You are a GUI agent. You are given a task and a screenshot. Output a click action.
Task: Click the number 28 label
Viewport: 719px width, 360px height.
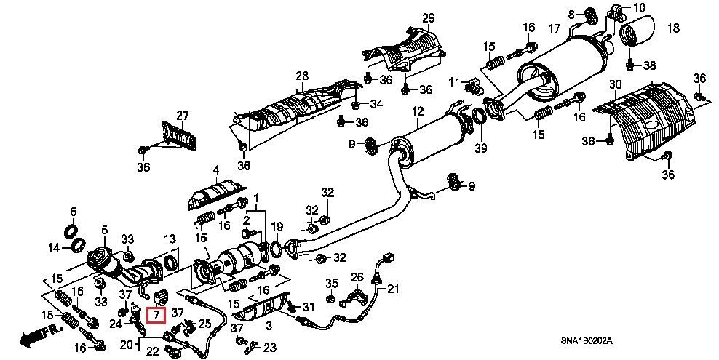coord(302,75)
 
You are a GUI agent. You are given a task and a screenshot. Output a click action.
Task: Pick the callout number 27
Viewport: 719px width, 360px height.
coord(182,116)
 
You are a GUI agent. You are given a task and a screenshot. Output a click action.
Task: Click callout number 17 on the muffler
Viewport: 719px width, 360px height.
coord(555,29)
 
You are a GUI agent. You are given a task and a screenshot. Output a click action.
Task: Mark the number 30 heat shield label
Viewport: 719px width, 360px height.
coord(615,85)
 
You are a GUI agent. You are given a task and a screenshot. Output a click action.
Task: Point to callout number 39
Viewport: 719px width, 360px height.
coord(480,149)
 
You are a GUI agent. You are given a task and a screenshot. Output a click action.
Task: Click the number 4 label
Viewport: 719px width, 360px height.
coord(215,171)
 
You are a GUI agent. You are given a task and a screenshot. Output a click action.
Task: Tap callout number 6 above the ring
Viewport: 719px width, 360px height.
coord(73,212)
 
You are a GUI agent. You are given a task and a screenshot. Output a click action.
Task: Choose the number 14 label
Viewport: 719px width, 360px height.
coord(53,248)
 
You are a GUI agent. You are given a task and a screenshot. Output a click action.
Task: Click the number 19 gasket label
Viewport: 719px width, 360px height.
coord(277,227)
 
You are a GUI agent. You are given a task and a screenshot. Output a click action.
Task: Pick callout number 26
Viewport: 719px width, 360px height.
coord(357,276)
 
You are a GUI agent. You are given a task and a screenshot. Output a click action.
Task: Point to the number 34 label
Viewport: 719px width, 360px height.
coord(376,103)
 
